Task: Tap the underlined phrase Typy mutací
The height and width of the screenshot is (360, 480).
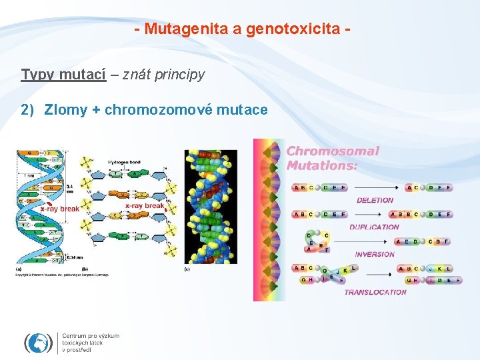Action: (x=63, y=74)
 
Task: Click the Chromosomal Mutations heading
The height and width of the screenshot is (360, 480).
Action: (x=332, y=157)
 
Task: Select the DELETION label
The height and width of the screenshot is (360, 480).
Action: (x=375, y=200)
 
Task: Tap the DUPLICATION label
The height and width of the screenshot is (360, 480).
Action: (x=374, y=227)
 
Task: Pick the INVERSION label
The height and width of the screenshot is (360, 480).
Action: (x=375, y=254)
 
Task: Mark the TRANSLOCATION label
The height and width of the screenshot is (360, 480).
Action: (x=375, y=292)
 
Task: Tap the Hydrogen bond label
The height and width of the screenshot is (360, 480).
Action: (x=123, y=162)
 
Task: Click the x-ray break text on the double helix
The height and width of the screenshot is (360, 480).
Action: (x=60, y=208)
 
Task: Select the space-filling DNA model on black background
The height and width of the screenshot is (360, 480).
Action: (x=211, y=206)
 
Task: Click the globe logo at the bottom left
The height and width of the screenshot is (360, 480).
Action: (x=38, y=343)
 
